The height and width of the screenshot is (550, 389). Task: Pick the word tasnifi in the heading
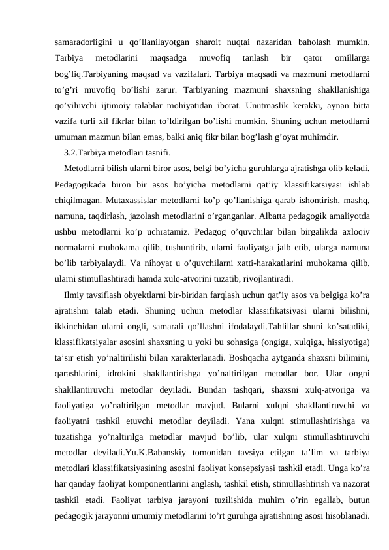click(x=158, y=154)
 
